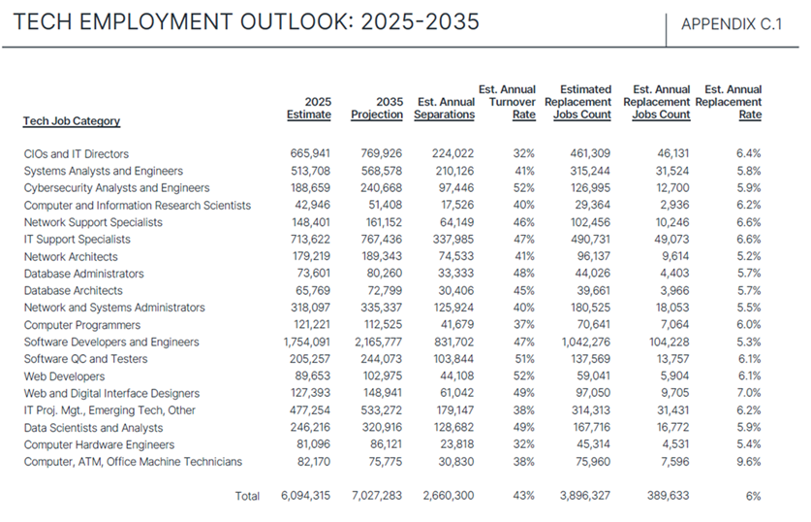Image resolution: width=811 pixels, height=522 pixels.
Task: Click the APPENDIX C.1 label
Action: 732,25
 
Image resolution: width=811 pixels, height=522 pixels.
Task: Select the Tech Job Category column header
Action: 72,121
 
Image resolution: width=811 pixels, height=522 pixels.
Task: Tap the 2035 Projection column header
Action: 377,108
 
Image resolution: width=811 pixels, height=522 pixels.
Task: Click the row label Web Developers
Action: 64,376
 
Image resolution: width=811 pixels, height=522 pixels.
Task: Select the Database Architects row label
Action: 73,290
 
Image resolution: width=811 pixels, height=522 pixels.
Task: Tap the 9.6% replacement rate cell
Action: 747,462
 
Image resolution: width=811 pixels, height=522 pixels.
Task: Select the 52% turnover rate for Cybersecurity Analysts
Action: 523,187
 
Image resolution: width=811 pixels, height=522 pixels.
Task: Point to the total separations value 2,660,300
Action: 448,496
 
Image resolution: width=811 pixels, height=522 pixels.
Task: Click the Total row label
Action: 247,496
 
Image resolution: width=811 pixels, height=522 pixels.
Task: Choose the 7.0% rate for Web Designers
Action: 747,393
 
